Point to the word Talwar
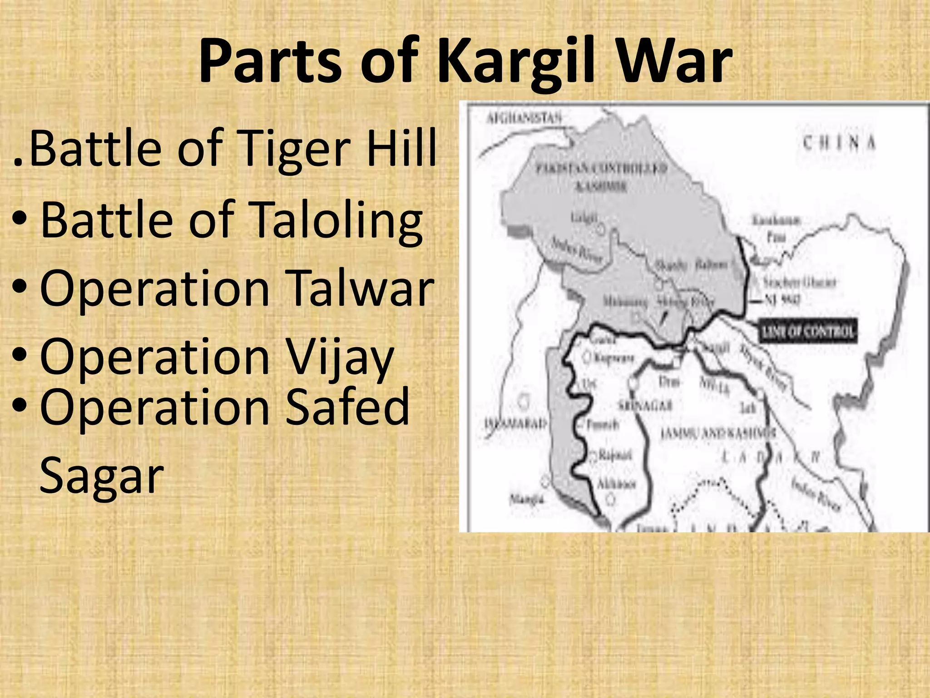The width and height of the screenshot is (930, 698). (361, 288)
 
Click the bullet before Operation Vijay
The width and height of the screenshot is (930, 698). (20, 354)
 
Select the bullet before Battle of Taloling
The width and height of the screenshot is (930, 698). (20, 219)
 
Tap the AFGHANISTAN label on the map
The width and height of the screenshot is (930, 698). (524, 119)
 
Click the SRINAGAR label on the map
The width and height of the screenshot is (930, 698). (645, 405)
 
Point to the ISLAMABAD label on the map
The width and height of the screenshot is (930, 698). (516, 424)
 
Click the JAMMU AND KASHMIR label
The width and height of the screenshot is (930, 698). (717, 433)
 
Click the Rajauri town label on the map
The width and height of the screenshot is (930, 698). (615, 455)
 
